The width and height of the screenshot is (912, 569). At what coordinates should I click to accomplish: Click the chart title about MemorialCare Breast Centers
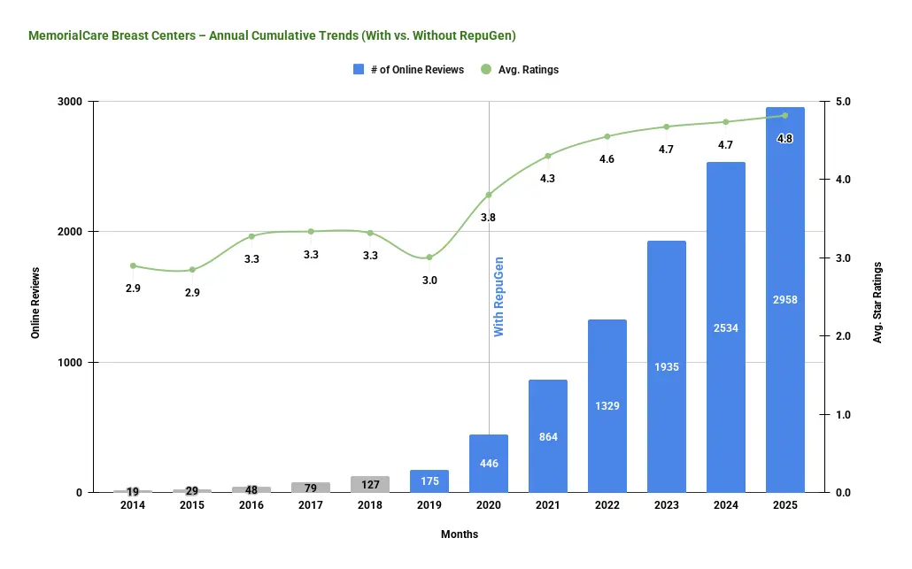pos(272,36)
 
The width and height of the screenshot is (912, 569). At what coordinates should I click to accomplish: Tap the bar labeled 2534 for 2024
pos(726,327)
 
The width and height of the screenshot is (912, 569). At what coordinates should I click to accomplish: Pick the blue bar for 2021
pos(548,436)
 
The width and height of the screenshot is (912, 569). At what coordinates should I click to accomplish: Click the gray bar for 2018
pos(370,484)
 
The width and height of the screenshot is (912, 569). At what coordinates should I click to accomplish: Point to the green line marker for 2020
pos(489,195)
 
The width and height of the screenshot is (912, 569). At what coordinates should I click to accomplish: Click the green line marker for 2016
pos(251,236)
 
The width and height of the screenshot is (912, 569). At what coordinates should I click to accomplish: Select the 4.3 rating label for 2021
pos(548,179)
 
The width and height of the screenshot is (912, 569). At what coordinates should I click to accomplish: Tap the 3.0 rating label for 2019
pos(429,281)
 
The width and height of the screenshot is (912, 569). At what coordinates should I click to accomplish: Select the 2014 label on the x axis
pos(133,505)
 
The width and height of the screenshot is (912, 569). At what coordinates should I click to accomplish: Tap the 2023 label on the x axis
pos(667,505)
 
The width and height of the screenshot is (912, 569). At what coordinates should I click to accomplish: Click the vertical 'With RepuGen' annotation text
pos(499,296)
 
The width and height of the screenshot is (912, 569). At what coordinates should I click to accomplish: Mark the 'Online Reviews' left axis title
pos(36,300)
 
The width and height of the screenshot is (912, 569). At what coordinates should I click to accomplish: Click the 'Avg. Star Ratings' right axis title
pos(877,302)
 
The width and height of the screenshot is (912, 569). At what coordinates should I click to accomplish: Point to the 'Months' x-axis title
pos(460,534)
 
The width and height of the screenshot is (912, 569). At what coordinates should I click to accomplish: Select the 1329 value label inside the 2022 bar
pos(607,406)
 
